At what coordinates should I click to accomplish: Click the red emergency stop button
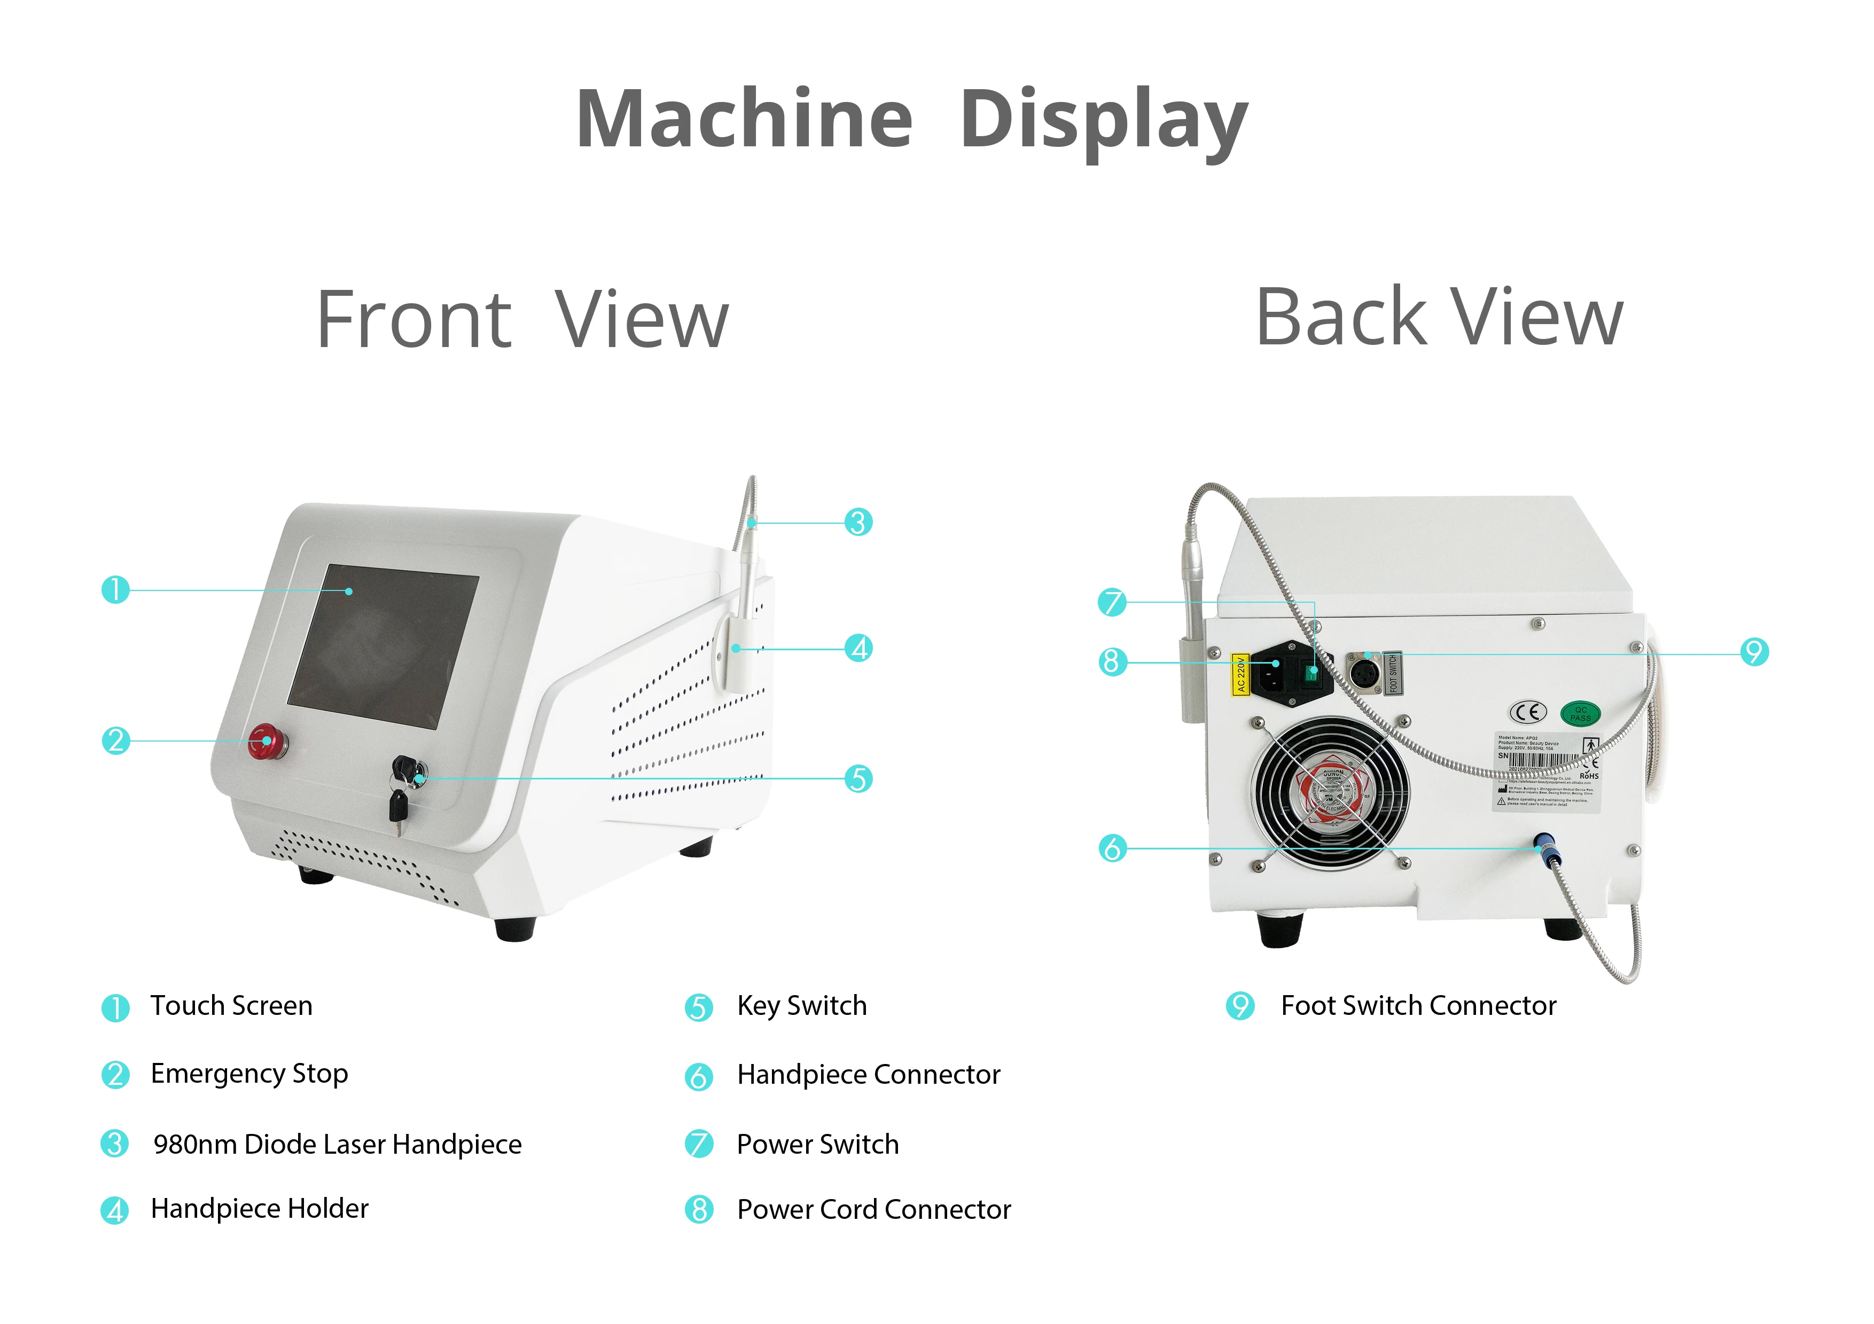266,740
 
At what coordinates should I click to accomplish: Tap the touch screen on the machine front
384,646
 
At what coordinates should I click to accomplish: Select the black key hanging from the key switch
397,808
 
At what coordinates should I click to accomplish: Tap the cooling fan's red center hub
1332,793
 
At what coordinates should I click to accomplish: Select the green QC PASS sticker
1580,714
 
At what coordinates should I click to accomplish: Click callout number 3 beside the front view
858,522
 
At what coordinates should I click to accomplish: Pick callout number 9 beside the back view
1754,652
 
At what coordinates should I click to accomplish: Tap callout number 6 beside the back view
1112,848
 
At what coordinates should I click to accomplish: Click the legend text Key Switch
801,1006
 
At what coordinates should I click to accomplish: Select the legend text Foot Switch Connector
1418,1006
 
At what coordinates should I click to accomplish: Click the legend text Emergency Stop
249,1074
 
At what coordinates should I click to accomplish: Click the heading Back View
1439,318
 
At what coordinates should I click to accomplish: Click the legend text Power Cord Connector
873,1209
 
